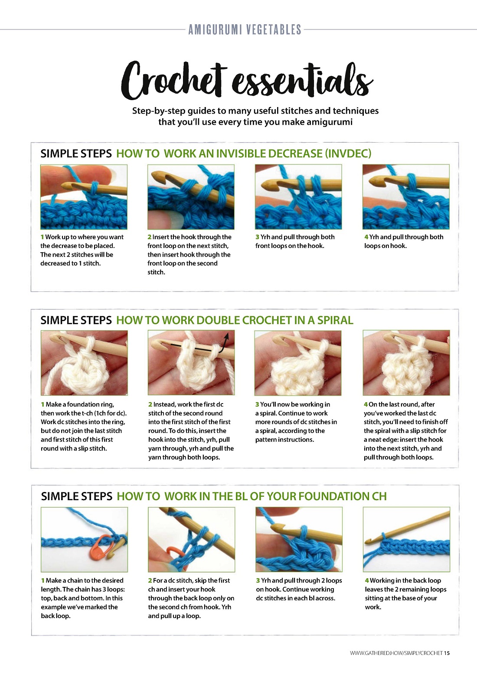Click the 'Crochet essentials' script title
(247, 81)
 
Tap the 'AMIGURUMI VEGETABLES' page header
(245, 29)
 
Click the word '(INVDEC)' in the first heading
(348, 153)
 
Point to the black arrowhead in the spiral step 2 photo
(227, 335)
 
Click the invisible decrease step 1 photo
(84, 197)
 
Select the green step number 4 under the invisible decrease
(366, 237)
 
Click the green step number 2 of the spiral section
(150, 404)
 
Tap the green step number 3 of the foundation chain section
(258, 580)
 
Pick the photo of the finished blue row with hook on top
(406, 539)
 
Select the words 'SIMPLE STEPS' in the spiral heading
(76, 320)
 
